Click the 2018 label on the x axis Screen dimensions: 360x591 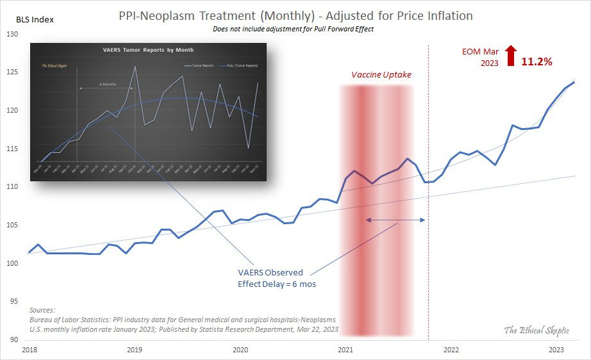tap(29, 350)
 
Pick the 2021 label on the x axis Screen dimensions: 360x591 tap(345, 350)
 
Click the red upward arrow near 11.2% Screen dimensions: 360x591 tap(510, 56)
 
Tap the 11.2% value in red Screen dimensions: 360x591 tap(537, 61)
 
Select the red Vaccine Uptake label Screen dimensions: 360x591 tap(381, 75)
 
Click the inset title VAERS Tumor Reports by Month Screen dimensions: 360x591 tap(148, 49)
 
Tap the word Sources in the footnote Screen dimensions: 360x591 tap(43, 309)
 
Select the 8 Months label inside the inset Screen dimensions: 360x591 tap(108, 85)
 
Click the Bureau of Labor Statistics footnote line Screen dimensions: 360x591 tap(183, 319)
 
